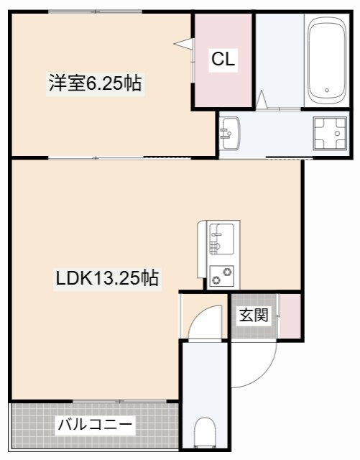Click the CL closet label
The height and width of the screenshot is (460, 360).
(223, 60)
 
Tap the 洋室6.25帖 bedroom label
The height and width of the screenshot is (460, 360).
(96, 83)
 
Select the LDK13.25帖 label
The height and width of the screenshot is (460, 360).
(107, 278)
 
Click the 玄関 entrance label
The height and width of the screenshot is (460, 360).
(254, 315)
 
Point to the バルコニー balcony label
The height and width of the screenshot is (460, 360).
(96, 425)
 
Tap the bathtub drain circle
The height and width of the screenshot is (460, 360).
(327, 91)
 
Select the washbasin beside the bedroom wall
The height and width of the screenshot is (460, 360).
(231, 134)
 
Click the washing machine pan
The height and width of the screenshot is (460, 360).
(330, 134)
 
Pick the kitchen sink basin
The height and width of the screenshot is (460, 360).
(222, 239)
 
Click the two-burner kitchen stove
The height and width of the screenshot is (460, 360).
(222, 276)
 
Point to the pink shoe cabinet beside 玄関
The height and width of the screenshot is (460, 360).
(290, 316)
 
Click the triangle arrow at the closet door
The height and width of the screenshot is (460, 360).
(183, 44)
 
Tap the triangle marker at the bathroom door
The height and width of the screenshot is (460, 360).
(262, 100)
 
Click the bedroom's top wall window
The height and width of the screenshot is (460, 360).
(96, 11)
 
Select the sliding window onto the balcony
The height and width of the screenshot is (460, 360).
(120, 401)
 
